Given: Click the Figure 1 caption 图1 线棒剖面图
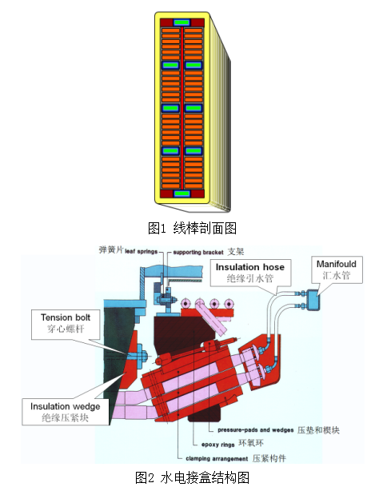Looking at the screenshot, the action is (x=192, y=228).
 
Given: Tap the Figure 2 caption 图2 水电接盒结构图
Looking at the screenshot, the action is (x=192, y=477).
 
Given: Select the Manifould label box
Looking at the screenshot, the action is (x=337, y=269).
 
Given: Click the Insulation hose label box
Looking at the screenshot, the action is (x=250, y=273).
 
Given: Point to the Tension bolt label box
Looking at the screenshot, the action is (x=66, y=324).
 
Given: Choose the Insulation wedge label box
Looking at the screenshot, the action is (x=66, y=412).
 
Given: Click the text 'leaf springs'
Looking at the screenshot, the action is (x=142, y=252).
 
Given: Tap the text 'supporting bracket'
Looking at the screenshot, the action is (x=198, y=252).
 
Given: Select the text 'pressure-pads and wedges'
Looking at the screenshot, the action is (x=256, y=430).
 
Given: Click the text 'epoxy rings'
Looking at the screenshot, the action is (x=218, y=445).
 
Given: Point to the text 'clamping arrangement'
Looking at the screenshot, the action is (x=217, y=459).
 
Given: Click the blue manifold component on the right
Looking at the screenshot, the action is (x=313, y=300).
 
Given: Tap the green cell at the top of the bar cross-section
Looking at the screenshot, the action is (x=182, y=22).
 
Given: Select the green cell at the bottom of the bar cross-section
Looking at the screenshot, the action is (x=182, y=194).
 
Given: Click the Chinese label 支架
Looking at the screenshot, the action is (x=236, y=252).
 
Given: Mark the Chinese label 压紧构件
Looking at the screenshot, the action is (x=269, y=458).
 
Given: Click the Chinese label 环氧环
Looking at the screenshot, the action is (x=251, y=443).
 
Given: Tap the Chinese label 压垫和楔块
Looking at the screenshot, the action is (x=318, y=430).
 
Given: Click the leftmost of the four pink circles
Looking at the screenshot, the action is (x=186, y=303).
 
